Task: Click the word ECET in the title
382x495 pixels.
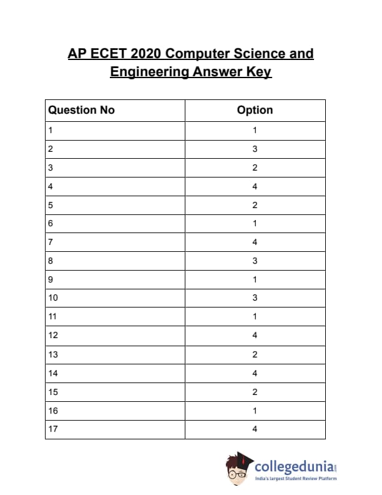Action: click(109, 54)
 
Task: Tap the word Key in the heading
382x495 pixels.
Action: click(258, 72)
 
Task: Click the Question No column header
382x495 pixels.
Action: click(82, 110)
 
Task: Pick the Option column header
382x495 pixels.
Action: click(255, 110)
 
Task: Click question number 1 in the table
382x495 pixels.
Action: click(50, 131)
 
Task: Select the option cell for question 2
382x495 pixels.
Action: click(255, 149)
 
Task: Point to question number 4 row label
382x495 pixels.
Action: click(50, 186)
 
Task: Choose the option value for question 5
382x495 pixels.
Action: click(255, 205)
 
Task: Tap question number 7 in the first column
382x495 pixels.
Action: click(50, 242)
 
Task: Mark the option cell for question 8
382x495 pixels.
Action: click(255, 261)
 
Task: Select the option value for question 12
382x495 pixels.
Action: click(255, 335)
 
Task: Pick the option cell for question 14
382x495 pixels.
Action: click(255, 372)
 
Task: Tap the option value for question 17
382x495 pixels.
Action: click(255, 429)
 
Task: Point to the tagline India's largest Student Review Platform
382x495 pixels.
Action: click(296, 479)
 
